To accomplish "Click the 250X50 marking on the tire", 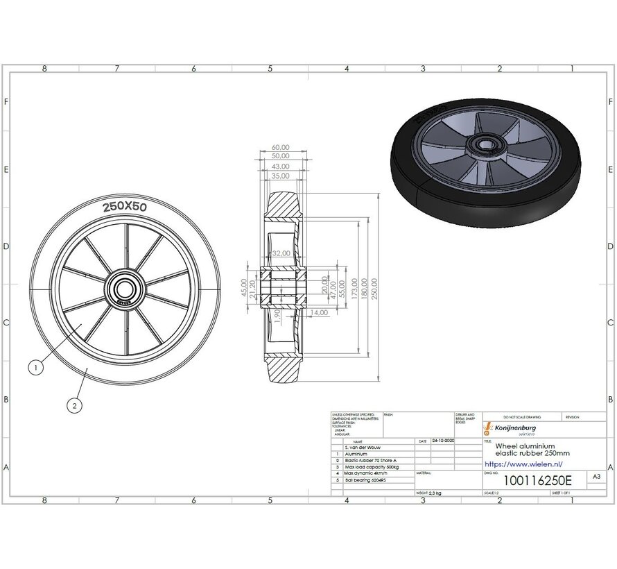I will coord(125,207).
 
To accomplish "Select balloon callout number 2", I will coord(74,405).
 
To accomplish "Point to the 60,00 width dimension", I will coord(280,148).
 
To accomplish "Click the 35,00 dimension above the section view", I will coord(280,176).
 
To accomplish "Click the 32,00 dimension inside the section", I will coord(281,254).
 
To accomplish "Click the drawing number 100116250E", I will coord(528,480).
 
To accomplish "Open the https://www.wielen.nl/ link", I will coord(523,464).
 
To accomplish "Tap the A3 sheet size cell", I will coord(596,477).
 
